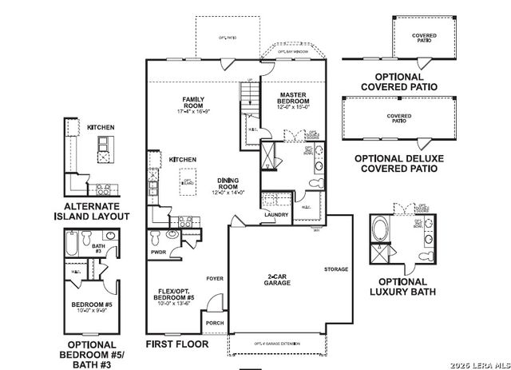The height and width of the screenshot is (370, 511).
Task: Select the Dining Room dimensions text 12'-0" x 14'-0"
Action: pos(229,193)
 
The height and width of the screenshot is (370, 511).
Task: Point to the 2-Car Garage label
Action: pos(278,280)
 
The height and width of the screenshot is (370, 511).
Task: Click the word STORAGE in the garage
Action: pos(336,269)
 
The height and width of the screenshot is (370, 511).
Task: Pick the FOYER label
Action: pos(214,279)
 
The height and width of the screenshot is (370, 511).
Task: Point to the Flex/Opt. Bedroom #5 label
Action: pos(172,296)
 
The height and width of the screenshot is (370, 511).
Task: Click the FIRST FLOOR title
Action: pos(176,344)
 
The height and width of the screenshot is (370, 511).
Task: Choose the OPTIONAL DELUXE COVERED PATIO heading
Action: pos(396,164)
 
